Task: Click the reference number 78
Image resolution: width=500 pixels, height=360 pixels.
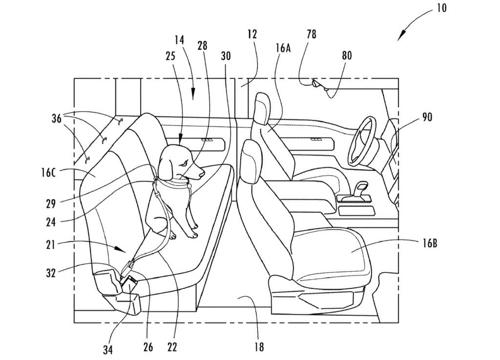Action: [x=311, y=34]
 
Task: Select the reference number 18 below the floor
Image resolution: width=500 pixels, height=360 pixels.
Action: [x=259, y=347]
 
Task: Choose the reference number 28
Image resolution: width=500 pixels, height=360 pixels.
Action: [x=202, y=45]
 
